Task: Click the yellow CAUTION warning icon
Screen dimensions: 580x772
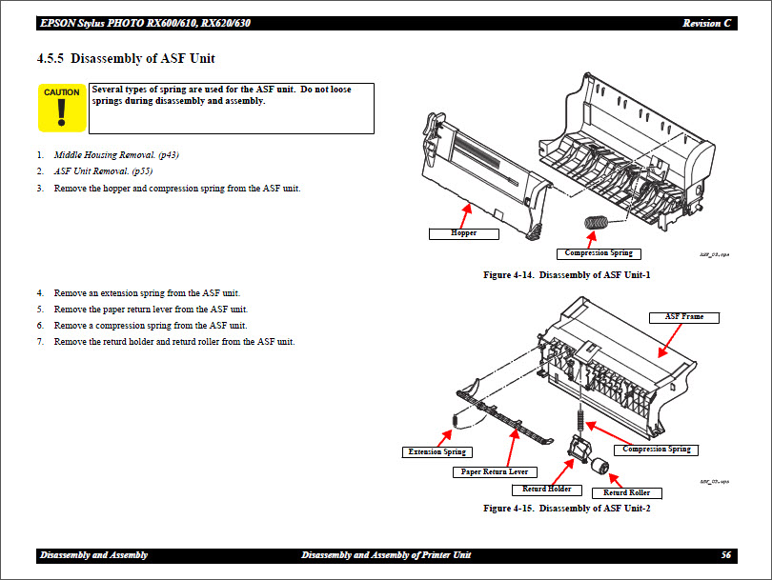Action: click(62, 108)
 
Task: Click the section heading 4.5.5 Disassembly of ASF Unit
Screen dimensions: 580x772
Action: click(126, 59)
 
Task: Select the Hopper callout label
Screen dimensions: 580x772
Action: click(464, 232)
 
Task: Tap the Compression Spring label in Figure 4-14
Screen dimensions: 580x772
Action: click(598, 253)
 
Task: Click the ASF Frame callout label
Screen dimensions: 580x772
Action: click(684, 316)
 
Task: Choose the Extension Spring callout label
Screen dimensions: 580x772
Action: click(437, 451)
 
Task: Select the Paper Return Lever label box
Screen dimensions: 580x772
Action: click(494, 471)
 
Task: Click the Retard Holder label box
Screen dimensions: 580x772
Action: click(546, 489)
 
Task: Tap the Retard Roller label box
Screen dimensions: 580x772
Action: click(626, 492)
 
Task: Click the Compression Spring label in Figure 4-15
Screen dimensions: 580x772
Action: click(657, 449)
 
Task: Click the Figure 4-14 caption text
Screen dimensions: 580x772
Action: click(566, 275)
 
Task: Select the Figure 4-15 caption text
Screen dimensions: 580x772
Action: click(566, 509)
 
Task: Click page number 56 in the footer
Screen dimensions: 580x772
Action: click(726, 555)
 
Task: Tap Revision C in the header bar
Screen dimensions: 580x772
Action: click(708, 23)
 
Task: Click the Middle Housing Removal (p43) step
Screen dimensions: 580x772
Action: click(116, 154)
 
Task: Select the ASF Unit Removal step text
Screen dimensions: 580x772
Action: click(103, 171)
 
